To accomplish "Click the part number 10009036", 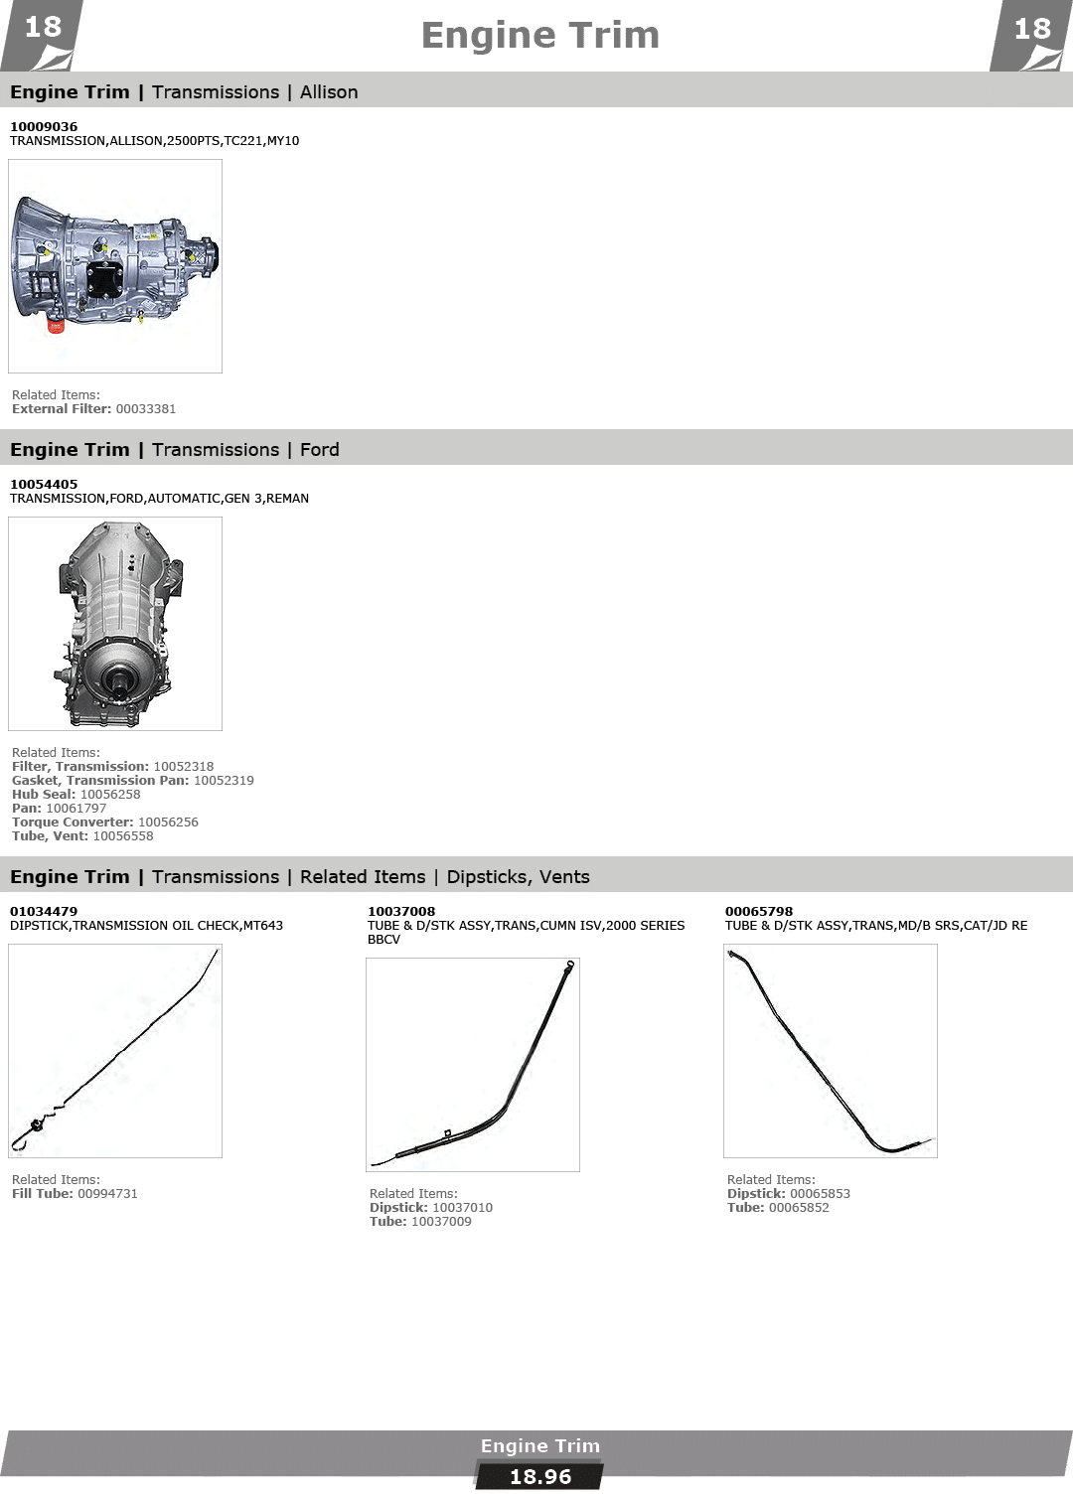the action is (x=44, y=127).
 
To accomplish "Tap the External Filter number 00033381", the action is (x=146, y=408).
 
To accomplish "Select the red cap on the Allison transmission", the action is (x=55, y=326).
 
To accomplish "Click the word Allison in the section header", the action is (x=329, y=92).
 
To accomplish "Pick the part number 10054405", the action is (x=44, y=484).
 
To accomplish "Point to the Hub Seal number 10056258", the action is (x=110, y=794).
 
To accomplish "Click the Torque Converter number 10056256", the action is (x=168, y=823).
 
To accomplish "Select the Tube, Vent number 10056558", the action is (x=123, y=836).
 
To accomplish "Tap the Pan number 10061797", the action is (x=77, y=809).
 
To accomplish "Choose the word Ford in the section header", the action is (x=319, y=449).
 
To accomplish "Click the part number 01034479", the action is (x=44, y=912).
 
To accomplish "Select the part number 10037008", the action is (x=400, y=912).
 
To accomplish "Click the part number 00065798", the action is (x=759, y=912).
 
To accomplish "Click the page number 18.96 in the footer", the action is (x=540, y=1477).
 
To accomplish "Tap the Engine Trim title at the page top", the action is (x=540, y=36).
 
